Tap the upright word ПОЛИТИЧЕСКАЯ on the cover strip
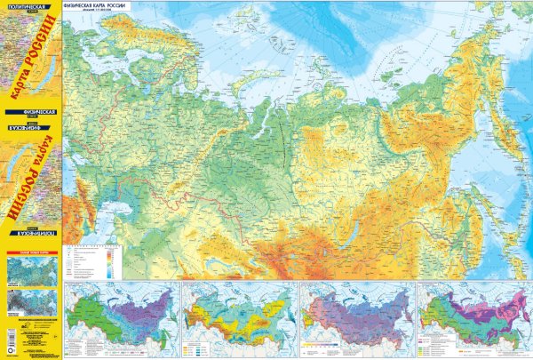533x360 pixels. coord(24,6)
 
